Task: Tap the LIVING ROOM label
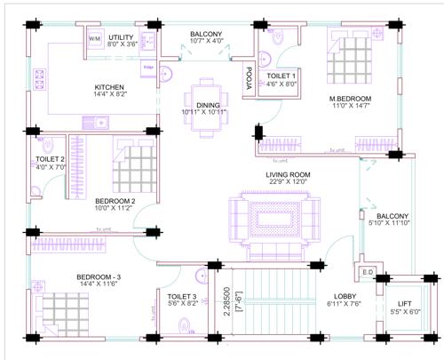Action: click(x=287, y=178)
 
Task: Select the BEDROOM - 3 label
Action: click(x=104, y=280)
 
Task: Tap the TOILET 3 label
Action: click(x=182, y=299)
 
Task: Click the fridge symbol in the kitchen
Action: click(x=148, y=68)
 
